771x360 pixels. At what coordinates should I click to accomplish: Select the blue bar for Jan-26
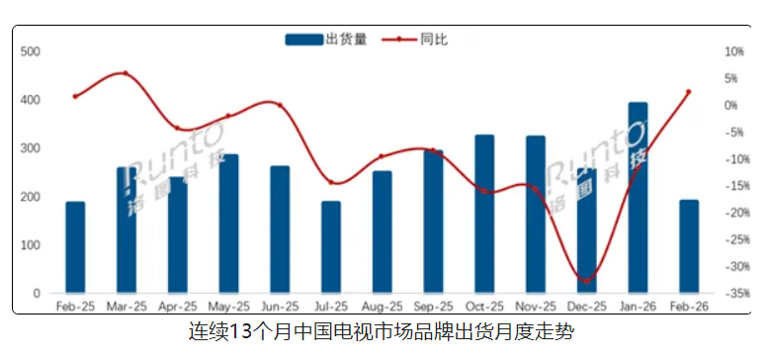pyautogui.click(x=639, y=198)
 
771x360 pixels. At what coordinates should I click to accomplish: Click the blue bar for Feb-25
pyautogui.click(x=75, y=247)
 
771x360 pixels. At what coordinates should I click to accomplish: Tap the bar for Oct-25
pyautogui.click(x=484, y=214)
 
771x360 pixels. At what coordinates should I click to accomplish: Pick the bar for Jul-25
pyautogui.click(x=331, y=247)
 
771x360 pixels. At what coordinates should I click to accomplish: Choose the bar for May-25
pyautogui.click(x=228, y=224)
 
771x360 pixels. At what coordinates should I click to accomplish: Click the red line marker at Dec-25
pyautogui.click(x=587, y=281)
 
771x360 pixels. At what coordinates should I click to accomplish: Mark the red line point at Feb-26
pyautogui.click(x=689, y=92)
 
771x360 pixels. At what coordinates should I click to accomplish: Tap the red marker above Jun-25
pyautogui.click(x=280, y=105)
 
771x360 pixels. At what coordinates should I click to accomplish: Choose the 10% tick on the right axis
pyautogui.click(x=734, y=51)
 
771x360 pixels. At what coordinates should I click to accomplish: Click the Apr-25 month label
pyautogui.click(x=177, y=308)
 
